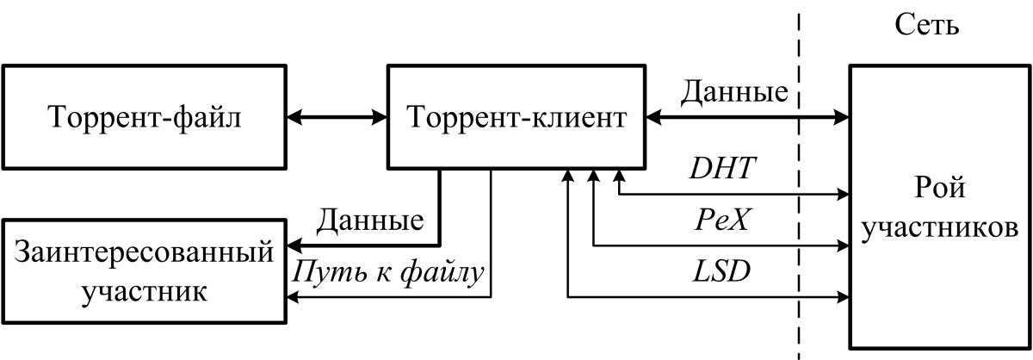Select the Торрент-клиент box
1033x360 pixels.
pos(516,116)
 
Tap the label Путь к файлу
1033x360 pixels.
pos(389,272)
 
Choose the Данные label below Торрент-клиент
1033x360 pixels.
pos(370,220)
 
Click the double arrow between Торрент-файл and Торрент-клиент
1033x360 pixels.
pos(337,116)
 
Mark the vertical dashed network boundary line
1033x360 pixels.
pos(799,258)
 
